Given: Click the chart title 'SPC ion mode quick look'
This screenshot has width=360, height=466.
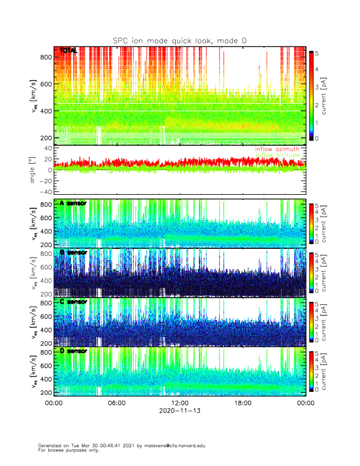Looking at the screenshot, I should pyautogui.click(x=179, y=40).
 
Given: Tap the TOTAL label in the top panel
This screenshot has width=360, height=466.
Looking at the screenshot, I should pyautogui.click(x=68, y=51).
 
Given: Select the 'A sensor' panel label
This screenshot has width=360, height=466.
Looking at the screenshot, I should pyautogui.click(x=73, y=203).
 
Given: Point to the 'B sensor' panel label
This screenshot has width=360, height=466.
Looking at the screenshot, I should pyautogui.click(x=73, y=252).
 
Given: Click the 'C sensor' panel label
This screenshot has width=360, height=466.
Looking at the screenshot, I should pyautogui.click(x=73, y=302).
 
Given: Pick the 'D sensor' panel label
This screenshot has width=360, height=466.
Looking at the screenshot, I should pyautogui.click(x=73, y=351).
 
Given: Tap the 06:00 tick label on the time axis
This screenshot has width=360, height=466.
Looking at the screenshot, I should pyautogui.click(x=116, y=403).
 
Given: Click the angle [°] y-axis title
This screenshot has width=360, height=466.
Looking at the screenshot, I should pyautogui.click(x=32, y=170).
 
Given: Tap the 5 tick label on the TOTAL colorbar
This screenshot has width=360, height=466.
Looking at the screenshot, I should pyautogui.click(x=318, y=54).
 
